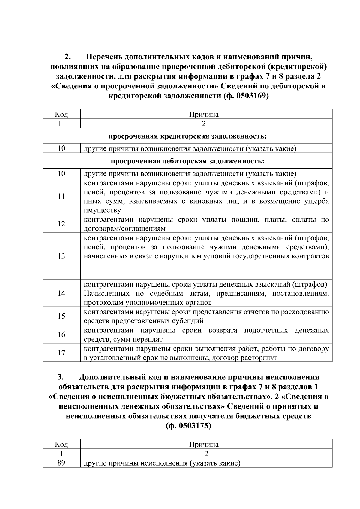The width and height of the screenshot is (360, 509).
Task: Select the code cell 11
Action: coord(61,196)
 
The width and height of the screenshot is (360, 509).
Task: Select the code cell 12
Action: coord(61,224)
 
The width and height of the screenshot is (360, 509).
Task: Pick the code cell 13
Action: coord(61,256)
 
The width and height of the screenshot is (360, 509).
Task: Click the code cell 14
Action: coord(61,293)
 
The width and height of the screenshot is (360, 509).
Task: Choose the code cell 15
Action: coord(61,316)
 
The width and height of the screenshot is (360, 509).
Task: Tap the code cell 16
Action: coord(61,335)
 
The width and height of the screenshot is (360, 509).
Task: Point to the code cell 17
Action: coord(61,353)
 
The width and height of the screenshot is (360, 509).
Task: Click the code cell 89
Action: coord(61,463)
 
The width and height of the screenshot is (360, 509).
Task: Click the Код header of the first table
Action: coord(61,114)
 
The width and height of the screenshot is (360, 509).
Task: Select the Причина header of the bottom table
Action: coord(204,444)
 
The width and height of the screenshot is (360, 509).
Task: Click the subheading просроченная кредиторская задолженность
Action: coord(187,136)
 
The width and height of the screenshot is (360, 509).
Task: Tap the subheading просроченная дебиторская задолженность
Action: coord(187,161)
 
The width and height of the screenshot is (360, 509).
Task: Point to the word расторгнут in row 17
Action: coord(261,358)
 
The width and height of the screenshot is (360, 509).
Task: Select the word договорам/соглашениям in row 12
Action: coord(124,229)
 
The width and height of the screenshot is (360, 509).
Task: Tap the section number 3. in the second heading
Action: coord(61,377)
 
